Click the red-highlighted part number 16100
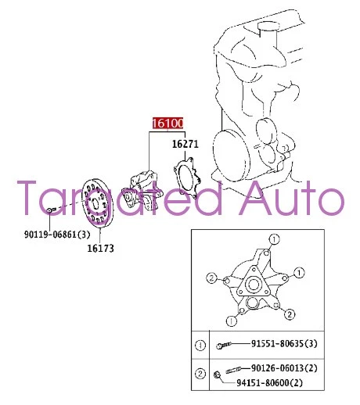(167, 124)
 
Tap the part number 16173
(100, 249)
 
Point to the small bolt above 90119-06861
(49, 210)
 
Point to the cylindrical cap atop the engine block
(267, 34)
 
